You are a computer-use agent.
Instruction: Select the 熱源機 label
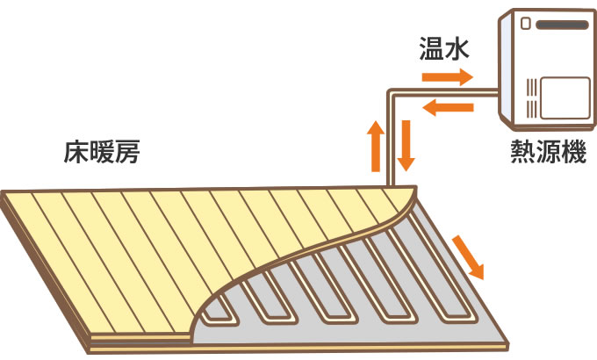point(548,152)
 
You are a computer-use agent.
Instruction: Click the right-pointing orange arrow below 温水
point(447,77)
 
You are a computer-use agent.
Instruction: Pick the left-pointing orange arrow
point(447,108)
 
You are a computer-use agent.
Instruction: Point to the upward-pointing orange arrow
point(376,145)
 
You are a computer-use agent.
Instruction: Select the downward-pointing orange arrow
point(405,145)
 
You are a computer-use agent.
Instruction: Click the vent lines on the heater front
point(529,96)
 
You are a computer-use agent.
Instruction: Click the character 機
point(573,152)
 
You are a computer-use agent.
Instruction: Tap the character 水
point(459,49)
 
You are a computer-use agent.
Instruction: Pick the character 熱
point(522,152)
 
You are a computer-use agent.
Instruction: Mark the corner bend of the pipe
point(391,91)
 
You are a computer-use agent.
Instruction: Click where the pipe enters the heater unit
point(497,91)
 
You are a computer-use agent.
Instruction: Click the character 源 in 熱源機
point(548,152)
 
